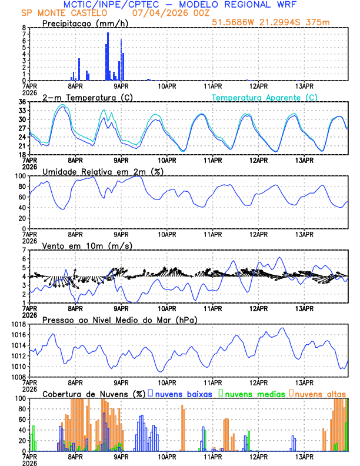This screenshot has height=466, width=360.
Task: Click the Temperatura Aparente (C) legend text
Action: pyautogui.click(x=265, y=97)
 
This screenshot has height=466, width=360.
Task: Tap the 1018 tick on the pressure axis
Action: pyautogui.click(x=18, y=324)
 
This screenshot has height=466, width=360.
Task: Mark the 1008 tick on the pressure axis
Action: pyautogui.click(x=18, y=377)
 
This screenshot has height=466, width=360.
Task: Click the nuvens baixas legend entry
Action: pyautogui.click(x=184, y=394)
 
